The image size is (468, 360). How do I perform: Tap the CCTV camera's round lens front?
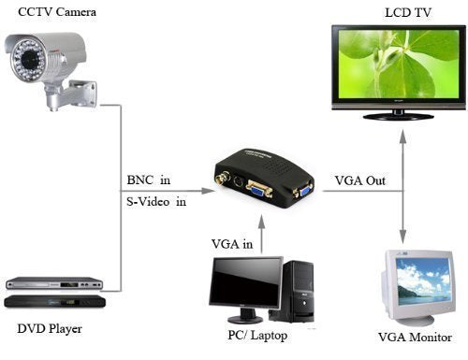pyautogui.click(x=25, y=62)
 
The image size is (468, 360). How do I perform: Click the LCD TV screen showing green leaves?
pyautogui.click(x=399, y=68)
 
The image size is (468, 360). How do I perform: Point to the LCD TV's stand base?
pyautogui.click(x=401, y=117)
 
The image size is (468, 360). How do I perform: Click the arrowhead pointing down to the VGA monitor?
pyautogui.click(x=403, y=239)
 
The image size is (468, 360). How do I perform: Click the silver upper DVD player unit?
pyautogui.click(x=53, y=282)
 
